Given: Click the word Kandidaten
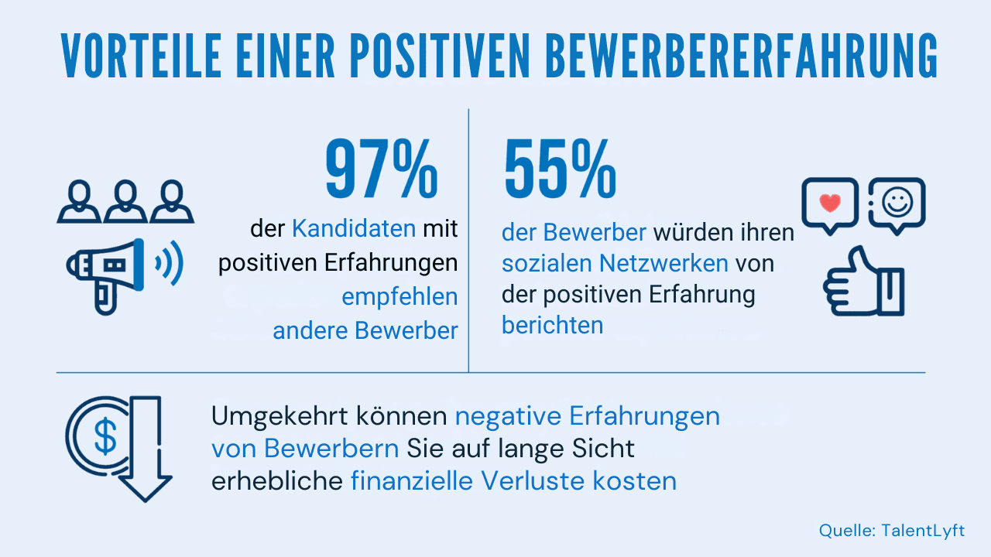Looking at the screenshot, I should [354, 229].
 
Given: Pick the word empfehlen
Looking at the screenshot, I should [399, 297].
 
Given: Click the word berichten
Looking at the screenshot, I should [552, 325].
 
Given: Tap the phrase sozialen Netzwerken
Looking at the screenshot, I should [615, 263].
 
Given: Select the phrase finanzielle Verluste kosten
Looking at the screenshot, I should [513, 481].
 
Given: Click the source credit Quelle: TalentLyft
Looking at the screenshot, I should [892, 531].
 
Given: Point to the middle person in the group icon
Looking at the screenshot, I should [125, 202].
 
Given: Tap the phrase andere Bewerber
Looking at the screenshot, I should [365, 330].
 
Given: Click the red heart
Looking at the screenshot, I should [829, 203].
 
